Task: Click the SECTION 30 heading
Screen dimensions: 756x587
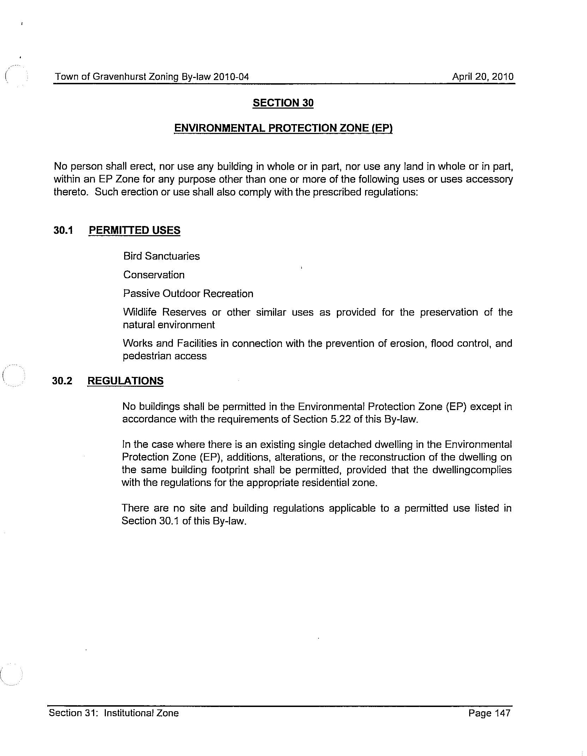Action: [x=283, y=103]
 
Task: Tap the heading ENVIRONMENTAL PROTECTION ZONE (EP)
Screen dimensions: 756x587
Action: [x=283, y=128]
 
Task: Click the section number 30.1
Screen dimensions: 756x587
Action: [x=63, y=231]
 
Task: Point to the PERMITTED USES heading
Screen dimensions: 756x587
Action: [x=134, y=231]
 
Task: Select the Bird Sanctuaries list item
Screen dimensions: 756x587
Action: [x=161, y=256]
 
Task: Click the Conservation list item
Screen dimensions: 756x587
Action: [x=154, y=275]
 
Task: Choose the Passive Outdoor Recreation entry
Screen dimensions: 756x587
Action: [x=188, y=294]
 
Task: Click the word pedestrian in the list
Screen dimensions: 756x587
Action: [x=144, y=356]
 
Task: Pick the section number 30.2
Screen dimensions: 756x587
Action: [x=62, y=381]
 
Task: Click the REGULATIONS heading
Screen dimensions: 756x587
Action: [x=125, y=381]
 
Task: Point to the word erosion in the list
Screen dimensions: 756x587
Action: [x=406, y=343]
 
